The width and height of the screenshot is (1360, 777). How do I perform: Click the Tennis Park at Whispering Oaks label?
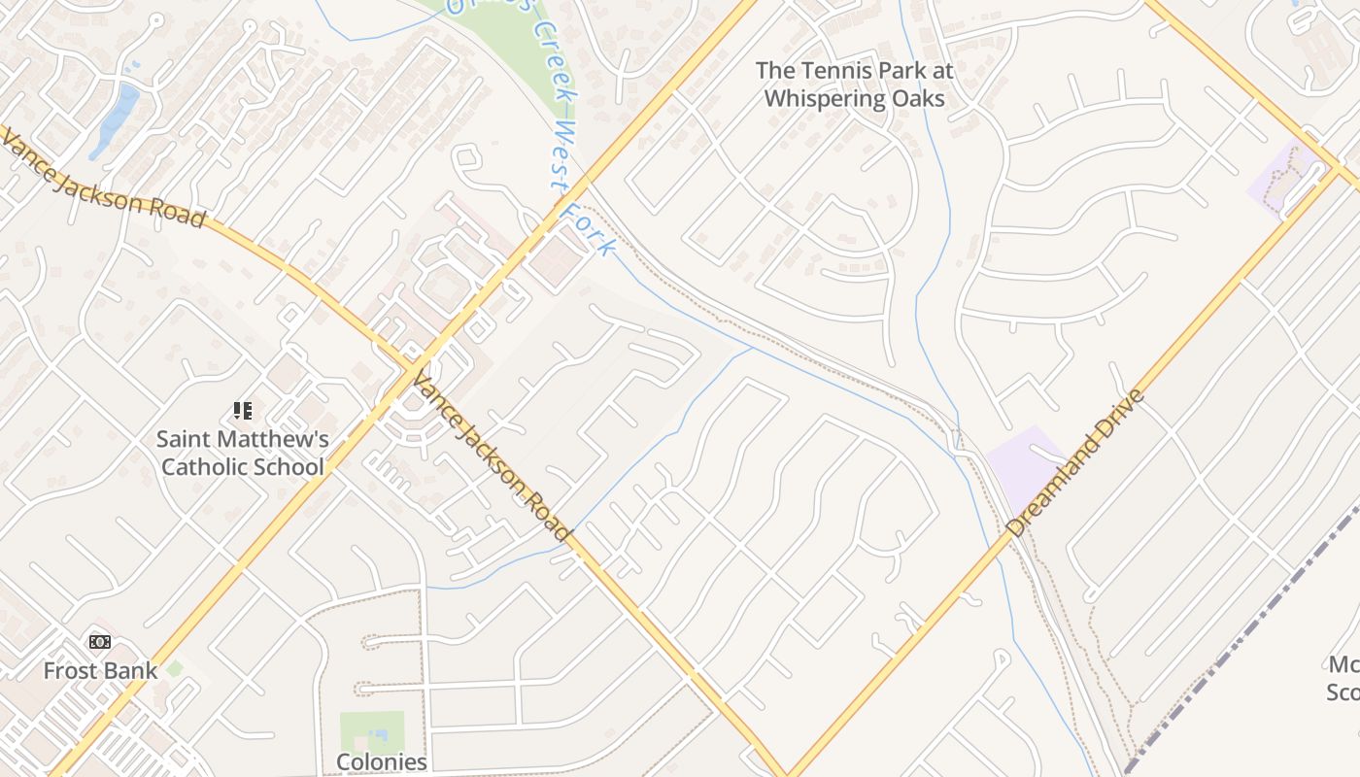click(x=854, y=84)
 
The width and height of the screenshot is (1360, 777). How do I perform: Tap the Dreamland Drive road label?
click(x=1075, y=463)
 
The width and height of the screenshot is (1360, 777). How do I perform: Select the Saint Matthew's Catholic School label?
click(x=242, y=453)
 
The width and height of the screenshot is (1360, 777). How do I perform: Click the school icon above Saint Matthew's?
click(x=243, y=411)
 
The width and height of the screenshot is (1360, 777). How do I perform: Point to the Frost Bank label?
click(x=100, y=670)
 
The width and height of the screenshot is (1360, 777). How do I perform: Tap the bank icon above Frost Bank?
click(x=100, y=642)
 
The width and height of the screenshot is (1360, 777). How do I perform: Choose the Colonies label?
click(x=381, y=761)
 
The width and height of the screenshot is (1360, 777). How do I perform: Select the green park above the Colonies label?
click(x=371, y=729)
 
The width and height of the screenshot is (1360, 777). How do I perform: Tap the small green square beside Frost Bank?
click(x=174, y=669)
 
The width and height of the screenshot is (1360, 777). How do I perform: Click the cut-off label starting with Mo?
click(x=1343, y=678)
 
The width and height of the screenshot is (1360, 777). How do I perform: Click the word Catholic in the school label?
click(x=199, y=466)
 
